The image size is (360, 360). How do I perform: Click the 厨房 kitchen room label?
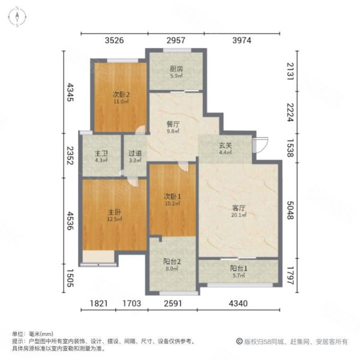(176, 69)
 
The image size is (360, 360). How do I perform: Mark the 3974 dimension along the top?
(247, 41)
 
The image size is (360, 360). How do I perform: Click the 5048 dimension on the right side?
(291, 209)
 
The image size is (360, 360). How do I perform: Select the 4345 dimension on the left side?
(70, 94)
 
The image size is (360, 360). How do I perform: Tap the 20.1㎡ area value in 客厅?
(239, 217)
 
